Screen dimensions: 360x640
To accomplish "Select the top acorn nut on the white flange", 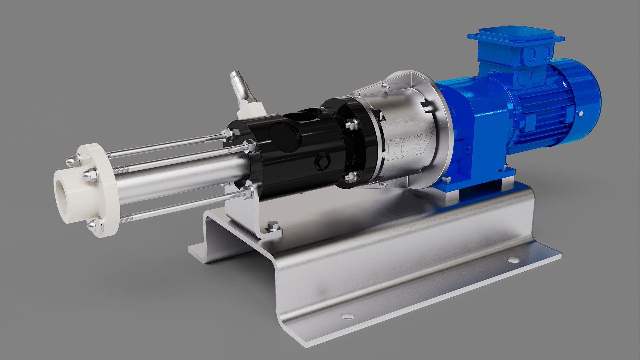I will [71, 161].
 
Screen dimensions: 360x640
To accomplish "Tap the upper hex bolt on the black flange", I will [351, 125].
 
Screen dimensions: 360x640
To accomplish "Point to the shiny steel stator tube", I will [180, 180].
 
